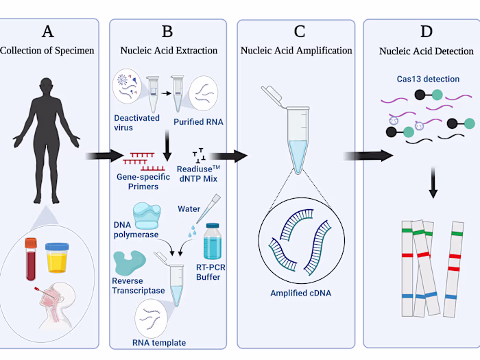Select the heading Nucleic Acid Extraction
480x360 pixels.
point(169,50)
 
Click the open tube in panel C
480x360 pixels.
point(295,130)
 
